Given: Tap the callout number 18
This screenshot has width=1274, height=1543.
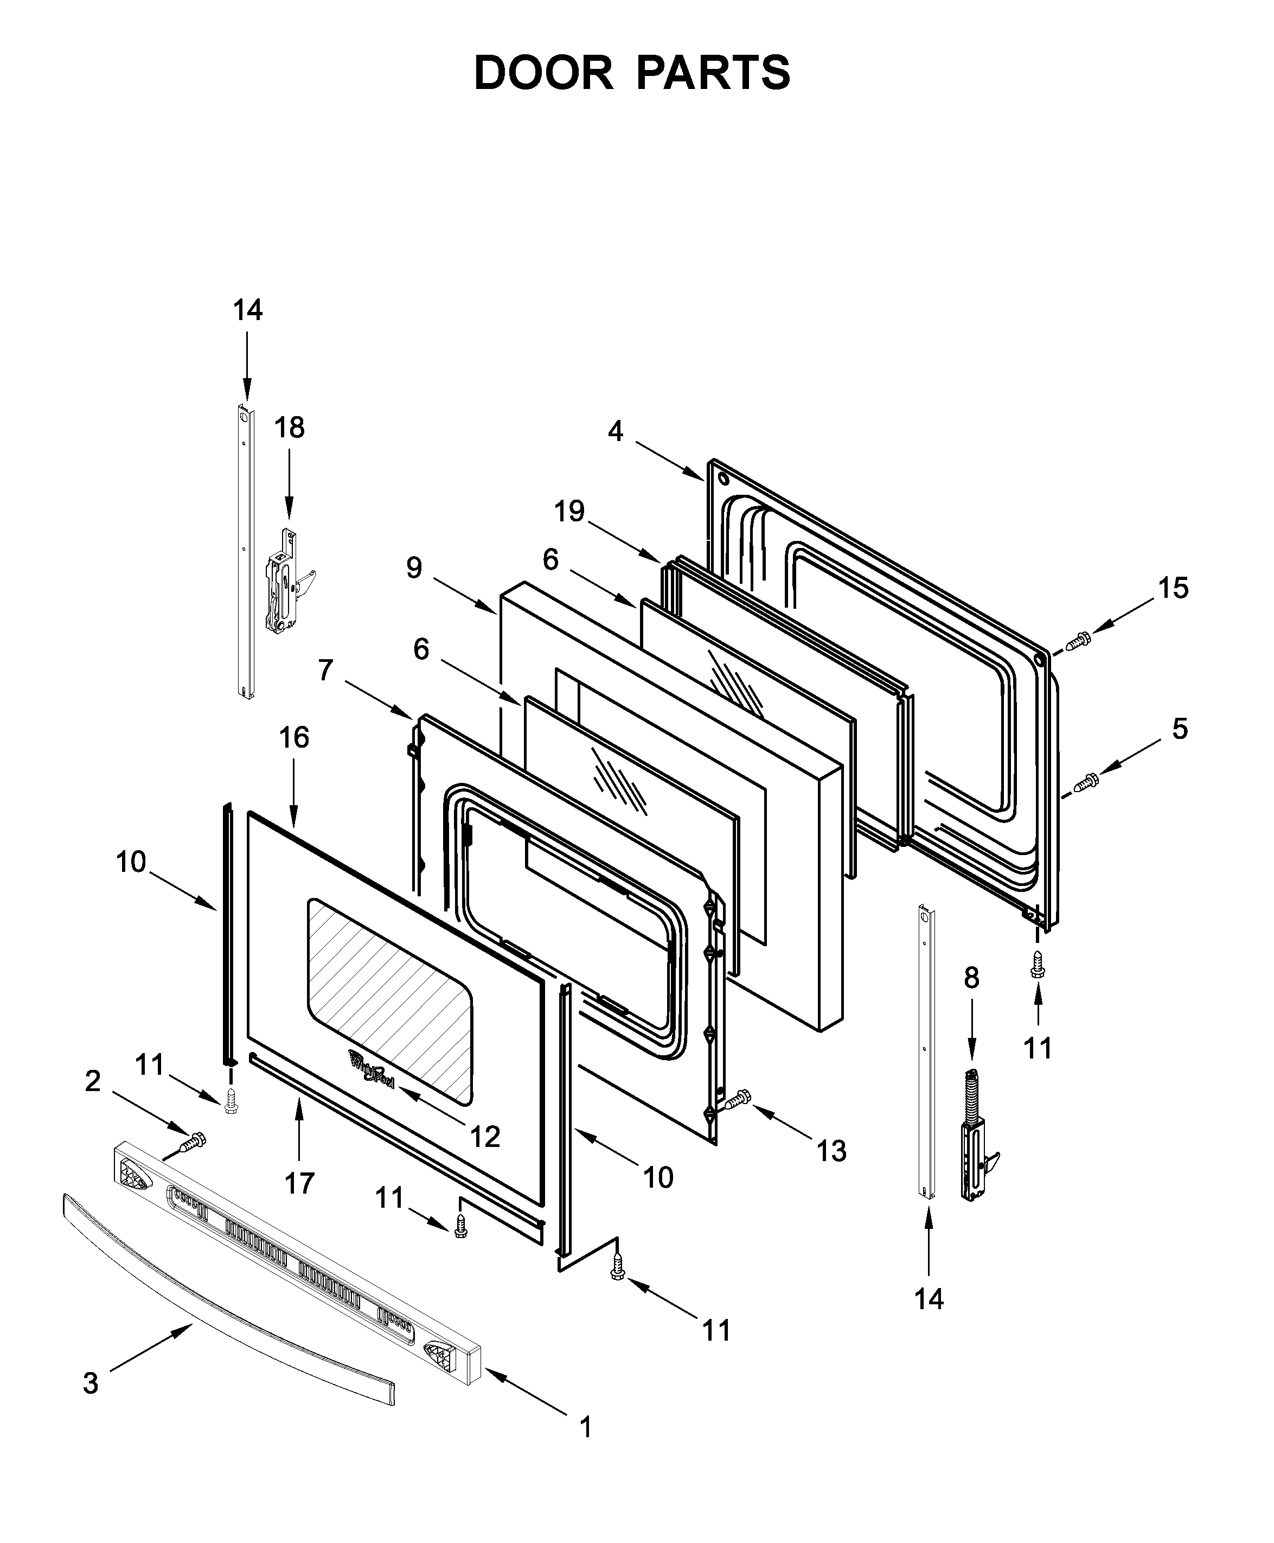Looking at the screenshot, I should point(289,427).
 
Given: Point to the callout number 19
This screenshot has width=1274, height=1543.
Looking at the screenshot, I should point(569,511).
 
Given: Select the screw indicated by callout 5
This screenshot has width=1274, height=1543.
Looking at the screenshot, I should point(1086,783).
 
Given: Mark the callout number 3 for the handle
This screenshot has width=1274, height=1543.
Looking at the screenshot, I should point(90,1383).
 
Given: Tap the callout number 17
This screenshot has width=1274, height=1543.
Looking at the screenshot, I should point(299,1183).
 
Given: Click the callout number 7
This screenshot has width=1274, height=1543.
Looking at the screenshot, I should point(326,670).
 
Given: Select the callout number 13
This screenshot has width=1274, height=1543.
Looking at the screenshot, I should point(831,1151).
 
